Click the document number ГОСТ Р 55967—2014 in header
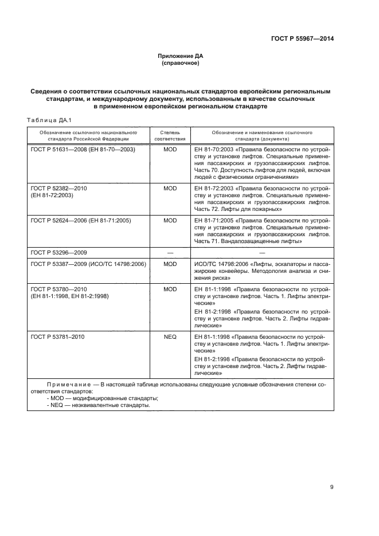(302, 39)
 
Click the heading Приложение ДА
(181, 56)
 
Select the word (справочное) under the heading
(181, 63)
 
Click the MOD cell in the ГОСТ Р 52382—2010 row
(170, 188)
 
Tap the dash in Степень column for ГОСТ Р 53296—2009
(170, 252)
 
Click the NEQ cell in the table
(170, 337)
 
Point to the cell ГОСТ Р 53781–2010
(57, 337)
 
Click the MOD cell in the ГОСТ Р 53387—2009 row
(170, 264)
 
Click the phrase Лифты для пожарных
(242, 209)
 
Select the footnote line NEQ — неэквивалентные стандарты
(99, 405)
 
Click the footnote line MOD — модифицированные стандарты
(103, 397)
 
